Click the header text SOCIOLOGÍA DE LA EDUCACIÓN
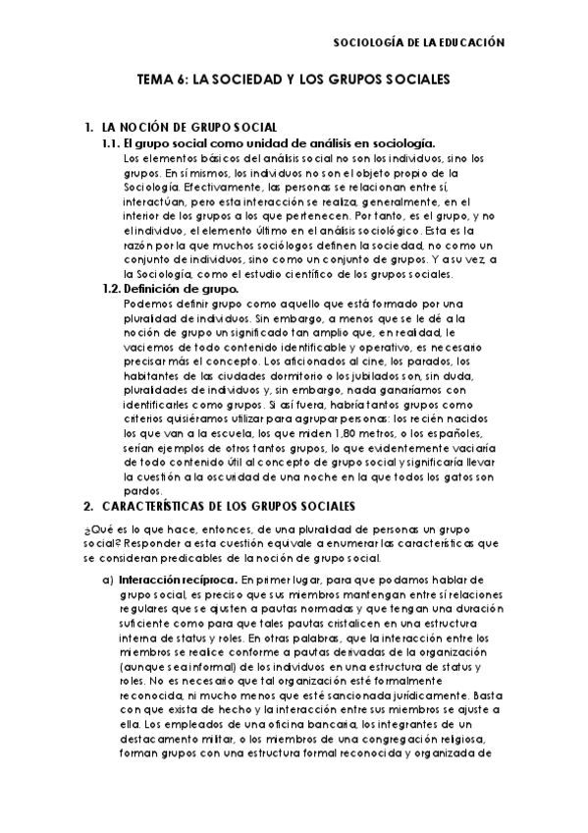pos(419,43)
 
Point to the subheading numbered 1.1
pos(113,143)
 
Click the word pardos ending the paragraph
pos(142,491)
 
